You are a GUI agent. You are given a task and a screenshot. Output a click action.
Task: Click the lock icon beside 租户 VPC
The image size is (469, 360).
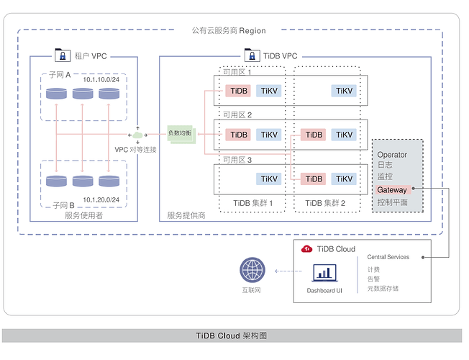coord(63,55)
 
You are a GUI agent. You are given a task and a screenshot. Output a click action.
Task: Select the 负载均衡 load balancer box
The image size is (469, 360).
coord(181,134)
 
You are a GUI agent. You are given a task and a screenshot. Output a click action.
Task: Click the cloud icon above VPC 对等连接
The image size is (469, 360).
coord(138,135)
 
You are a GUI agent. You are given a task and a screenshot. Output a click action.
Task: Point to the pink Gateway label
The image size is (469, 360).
coord(392,190)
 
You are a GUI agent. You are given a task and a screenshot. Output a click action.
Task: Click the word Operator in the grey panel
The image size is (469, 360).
coord(392,155)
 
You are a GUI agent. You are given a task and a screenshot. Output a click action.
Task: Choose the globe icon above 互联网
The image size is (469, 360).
coord(252,271)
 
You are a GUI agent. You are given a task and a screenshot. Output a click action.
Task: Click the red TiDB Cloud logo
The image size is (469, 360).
coord(306,249)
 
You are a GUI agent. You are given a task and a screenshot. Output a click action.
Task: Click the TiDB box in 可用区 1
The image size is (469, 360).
coord(238,91)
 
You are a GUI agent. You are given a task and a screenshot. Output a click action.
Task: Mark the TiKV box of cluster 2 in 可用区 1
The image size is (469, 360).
coord(343,91)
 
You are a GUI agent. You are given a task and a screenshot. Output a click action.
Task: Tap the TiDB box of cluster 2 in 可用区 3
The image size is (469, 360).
coord(314,179)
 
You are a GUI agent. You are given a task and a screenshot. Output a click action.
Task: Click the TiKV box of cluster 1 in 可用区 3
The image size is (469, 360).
coord(269,179)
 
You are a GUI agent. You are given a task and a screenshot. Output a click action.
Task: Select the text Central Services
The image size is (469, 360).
coord(388,257)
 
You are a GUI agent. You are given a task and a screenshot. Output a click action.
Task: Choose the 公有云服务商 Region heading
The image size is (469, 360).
coord(229,31)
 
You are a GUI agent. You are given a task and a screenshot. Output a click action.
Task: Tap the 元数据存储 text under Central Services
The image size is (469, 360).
coord(383,289)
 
